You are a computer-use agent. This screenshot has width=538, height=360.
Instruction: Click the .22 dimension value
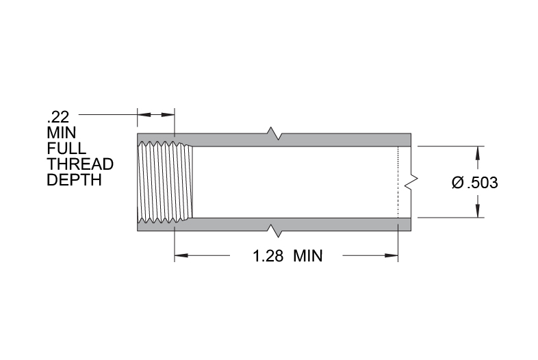coord(58,117)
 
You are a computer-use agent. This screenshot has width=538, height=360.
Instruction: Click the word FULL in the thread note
coord(66,149)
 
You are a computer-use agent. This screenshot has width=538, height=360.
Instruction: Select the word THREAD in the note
coord(80,164)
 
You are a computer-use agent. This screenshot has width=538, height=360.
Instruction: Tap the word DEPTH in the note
coord(74,180)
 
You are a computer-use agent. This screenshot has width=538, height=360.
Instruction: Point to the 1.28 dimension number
coord(268,256)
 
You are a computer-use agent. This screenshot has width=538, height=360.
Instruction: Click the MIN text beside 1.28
coord(308,256)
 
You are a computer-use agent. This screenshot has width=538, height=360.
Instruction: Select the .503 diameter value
coord(483,183)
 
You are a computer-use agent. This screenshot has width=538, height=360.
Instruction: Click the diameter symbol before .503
coord(458,182)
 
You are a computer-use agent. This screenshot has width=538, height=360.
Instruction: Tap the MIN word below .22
coord(62,133)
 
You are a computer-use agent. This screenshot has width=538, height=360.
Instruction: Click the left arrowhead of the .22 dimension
coord(144,114)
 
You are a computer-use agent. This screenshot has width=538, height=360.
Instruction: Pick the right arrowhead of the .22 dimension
coord(168,114)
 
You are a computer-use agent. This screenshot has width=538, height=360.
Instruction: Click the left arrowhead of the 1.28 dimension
coord(181,255)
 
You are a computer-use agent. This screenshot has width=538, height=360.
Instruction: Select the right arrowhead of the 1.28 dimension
coord(392,255)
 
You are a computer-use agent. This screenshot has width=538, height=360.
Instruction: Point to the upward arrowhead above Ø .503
coord(477,153)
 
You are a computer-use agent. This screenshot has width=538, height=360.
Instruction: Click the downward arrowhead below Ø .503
coord(477,211)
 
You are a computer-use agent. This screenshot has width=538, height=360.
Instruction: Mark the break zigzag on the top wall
coord(274,133)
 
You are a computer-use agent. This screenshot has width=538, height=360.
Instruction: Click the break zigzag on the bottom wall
coord(274,231)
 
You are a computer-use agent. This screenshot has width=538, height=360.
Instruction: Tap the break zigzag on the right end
coord(411,182)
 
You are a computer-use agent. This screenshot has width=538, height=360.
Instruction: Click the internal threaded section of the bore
coord(165,182)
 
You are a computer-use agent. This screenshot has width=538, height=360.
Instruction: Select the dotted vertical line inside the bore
coord(398,182)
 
